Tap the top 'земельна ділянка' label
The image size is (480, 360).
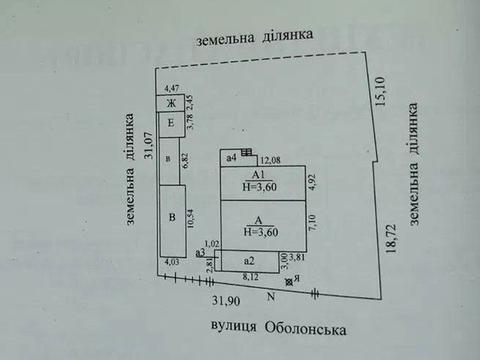tap(255, 35)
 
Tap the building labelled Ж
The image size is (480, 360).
tap(171, 103)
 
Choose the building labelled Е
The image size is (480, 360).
tap(171, 123)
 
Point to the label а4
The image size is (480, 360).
tap(230, 157)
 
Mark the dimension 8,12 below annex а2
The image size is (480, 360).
tap(251, 275)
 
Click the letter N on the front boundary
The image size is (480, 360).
tap(269, 297)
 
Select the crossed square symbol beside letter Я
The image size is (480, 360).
tap(289, 284)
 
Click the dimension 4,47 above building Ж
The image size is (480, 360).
tap(171, 90)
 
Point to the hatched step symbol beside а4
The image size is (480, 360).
tap(246, 154)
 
